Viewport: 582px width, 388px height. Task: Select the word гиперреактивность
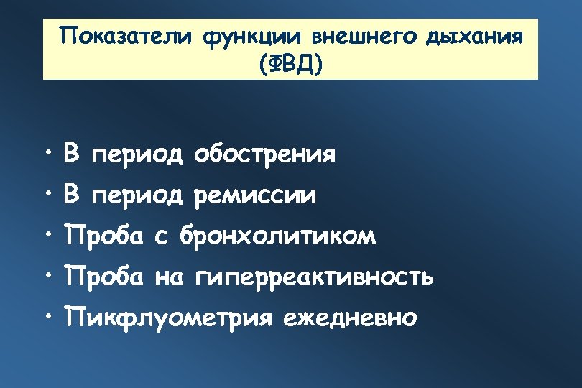point(314,277)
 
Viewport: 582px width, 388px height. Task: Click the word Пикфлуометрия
point(170,317)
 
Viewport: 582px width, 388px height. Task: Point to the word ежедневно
point(349,317)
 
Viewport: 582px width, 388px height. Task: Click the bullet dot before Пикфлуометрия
point(47,315)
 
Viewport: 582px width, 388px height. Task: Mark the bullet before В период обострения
point(47,152)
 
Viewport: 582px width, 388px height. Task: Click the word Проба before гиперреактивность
point(106,276)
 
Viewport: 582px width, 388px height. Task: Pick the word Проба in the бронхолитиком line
point(106,235)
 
